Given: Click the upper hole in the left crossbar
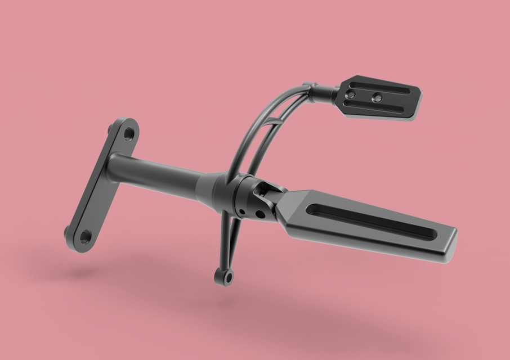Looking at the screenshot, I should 128,134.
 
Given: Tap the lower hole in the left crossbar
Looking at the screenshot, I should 85,236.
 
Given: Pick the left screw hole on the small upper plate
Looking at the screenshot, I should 352,94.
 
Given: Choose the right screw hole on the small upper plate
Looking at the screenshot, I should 377,98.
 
